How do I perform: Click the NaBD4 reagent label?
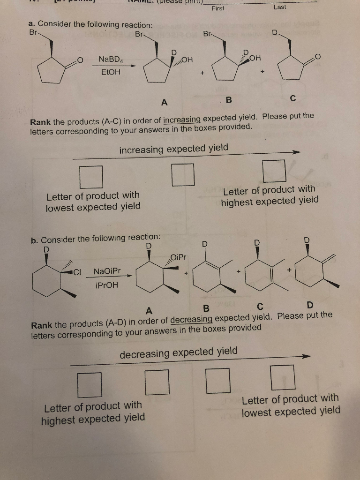[x=110, y=60]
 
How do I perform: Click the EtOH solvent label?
[x=110, y=72]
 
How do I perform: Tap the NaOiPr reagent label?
[x=107, y=271]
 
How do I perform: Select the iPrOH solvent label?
[x=106, y=285]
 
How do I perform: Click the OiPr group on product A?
[x=179, y=257]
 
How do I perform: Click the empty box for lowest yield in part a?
[x=91, y=177]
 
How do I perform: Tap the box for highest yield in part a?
[x=274, y=171]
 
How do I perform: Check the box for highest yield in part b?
[x=90, y=384]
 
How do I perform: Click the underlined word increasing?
[x=182, y=120]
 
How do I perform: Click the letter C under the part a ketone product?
[x=293, y=98]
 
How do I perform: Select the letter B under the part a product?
[x=229, y=100]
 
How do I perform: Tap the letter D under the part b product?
[x=309, y=306]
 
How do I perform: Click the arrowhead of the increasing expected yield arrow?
[x=295, y=152]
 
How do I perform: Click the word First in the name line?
[x=218, y=8]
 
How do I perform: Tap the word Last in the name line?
[x=279, y=7]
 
